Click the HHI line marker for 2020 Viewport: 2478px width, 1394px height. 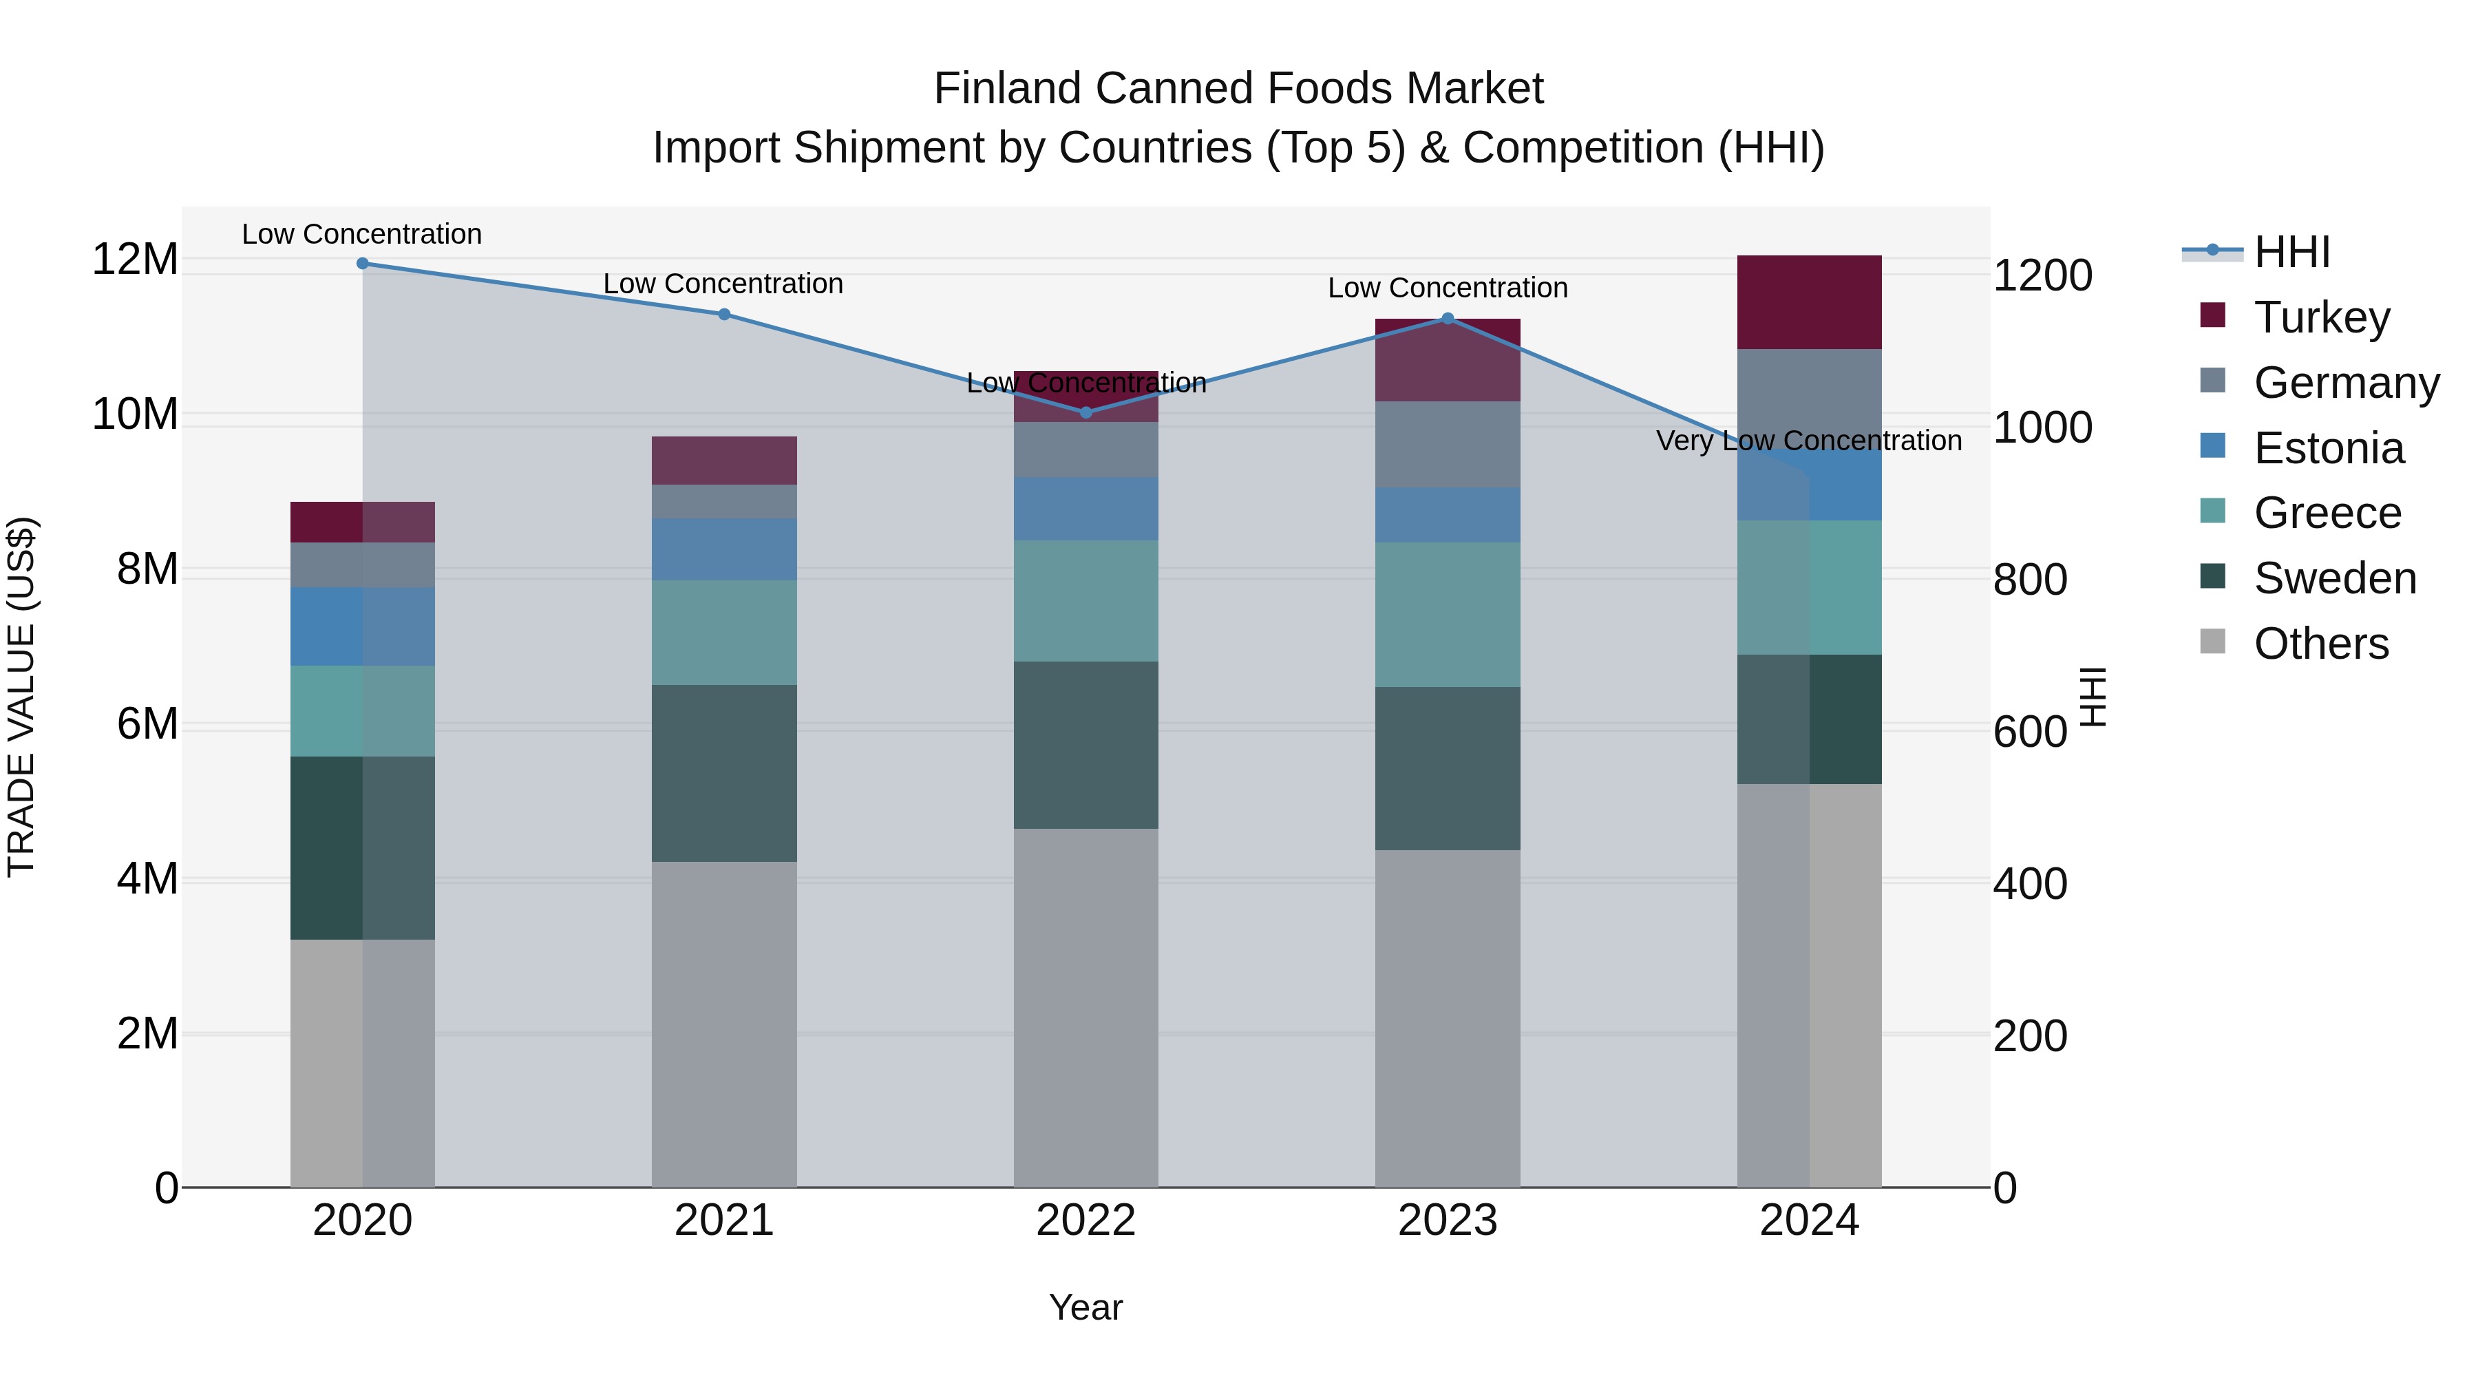pyautogui.click(x=363, y=264)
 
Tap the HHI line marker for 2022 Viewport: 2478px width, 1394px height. pyautogui.click(x=1086, y=413)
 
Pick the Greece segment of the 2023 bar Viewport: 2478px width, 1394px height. pyautogui.click(x=1448, y=614)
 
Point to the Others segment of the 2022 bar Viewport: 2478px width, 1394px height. pyautogui.click(x=1086, y=1007)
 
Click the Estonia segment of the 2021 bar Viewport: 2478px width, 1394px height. pyautogui.click(x=724, y=549)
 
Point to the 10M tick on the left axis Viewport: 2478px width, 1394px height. pyautogui.click(x=135, y=414)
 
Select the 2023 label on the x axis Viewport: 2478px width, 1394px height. pyautogui.click(x=1448, y=1220)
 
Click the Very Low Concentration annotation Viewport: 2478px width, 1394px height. pyautogui.click(x=1808, y=441)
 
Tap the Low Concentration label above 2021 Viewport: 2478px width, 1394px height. pyautogui.click(x=723, y=284)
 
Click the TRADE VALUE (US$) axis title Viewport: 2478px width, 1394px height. pyautogui.click(x=21, y=697)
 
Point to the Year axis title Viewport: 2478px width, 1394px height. pyautogui.click(x=1086, y=1307)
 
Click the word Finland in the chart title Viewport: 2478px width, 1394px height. pyautogui.click(x=1007, y=89)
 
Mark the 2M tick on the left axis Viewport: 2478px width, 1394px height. pyautogui.click(x=146, y=1033)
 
